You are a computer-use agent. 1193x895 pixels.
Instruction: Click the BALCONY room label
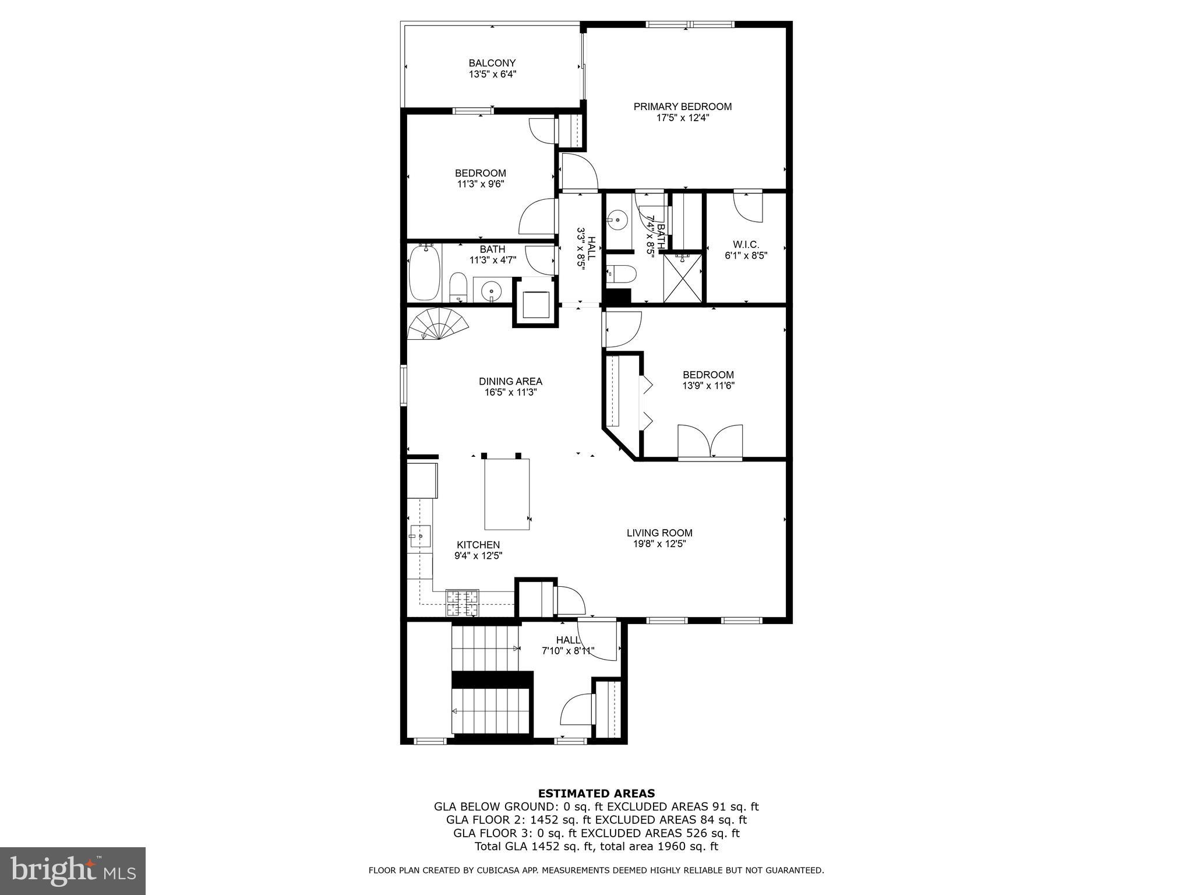tap(492, 63)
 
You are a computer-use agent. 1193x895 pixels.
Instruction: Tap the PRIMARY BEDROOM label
tap(682, 107)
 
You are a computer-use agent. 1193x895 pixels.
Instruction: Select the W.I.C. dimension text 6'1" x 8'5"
tap(746, 255)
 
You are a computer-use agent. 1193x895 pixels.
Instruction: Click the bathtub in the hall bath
tap(425, 273)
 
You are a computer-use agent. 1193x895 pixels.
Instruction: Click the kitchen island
tap(507, 494)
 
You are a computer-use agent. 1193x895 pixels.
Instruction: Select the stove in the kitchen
tap(462, 603)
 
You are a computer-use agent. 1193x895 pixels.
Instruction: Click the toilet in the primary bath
tap(618, 273)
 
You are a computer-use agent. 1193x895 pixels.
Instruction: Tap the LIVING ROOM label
tap(659, 533)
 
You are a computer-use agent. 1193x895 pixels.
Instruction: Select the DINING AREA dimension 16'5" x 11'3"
tap(510, 393)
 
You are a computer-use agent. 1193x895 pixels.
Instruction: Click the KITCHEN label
tap(478, 545)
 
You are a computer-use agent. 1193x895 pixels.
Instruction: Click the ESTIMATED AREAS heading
tap(596, 793)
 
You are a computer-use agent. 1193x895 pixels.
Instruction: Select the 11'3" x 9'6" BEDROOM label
tap(480, 173)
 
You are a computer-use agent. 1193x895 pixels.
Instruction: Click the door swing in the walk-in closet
tap(747, 207)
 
